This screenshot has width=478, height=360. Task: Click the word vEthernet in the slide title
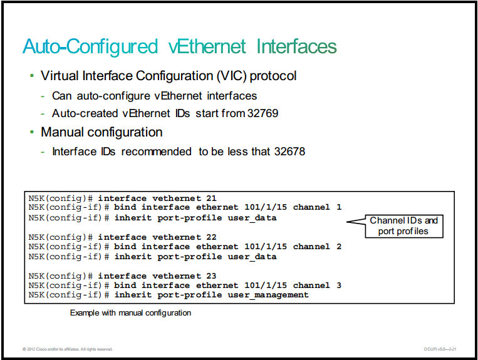click(x=207, y=46)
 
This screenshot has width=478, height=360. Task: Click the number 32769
click(x=262, y=113)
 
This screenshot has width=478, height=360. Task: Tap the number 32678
click(x=289, y=152)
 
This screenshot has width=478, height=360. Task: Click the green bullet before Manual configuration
click(x=32, y=132)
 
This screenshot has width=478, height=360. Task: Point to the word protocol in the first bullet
click(x=273, y=76)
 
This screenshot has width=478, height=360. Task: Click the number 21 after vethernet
click(x=211, y=198)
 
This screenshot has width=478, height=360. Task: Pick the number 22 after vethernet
click(x=211, y=237)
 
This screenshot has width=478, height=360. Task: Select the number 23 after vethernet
click(x=211, y=275)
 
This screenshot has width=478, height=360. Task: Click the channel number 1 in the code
click(x=339, y=207)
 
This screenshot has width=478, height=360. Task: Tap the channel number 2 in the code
click(x=339, y=247)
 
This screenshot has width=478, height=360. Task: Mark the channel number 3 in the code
click(x=339, y=285)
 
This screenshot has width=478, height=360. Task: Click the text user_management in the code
click(x=268, y=295)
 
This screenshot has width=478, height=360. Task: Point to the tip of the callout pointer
click(x=347, y=222)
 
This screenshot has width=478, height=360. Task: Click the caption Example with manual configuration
click(x=130, y=313)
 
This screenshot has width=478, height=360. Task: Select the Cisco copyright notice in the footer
click(x=68, y=349)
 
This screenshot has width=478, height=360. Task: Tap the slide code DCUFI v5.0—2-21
click(x=440, y=349)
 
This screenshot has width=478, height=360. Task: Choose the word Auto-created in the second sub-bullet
click(x=85, y=113)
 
